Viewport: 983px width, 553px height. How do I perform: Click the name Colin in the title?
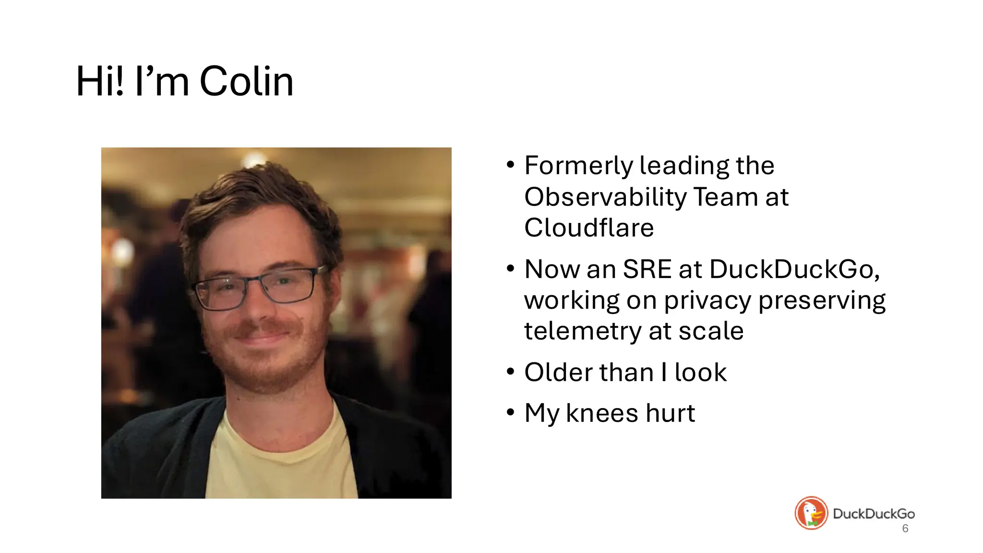point(246,82)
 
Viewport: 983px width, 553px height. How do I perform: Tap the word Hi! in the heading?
point(100,82)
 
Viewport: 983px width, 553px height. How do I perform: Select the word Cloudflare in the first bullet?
point(589,228)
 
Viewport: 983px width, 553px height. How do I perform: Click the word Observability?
point(605,197)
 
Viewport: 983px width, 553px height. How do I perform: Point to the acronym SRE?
point(647,269)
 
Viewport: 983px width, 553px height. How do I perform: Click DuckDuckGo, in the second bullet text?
point(794,269)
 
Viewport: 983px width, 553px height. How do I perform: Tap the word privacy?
point(707,301)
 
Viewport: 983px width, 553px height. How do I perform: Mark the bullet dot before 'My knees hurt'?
point(510,412)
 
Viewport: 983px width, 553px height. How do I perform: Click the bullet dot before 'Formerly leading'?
point(510,165)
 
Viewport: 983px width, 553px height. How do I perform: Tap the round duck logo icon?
point(811,513)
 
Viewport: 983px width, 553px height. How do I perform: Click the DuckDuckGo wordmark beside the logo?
point(874,514)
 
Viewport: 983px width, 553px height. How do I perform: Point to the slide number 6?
point(905,529)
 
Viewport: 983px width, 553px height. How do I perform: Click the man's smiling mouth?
point(262,336)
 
